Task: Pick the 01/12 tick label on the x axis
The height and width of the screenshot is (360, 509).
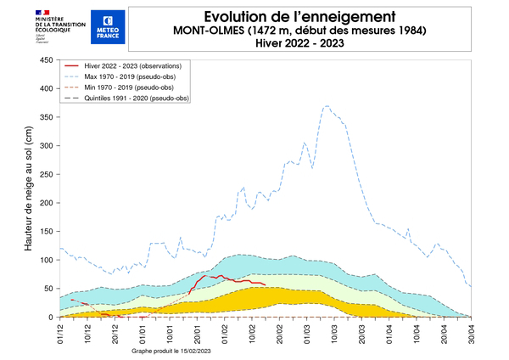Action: pyautogui.click(x=61, y=332)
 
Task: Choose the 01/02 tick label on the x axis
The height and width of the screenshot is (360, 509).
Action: pyautogui.click(x=226, y=332)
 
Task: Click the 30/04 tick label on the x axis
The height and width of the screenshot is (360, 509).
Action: pyautogui.click(x=472, y=332)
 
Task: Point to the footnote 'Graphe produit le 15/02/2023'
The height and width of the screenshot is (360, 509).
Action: pyautogui.click(x=175, y=350)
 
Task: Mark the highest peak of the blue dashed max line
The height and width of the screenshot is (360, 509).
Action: pyautogui.click(x=326, y=106)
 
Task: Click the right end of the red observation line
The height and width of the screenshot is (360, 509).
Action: pyautogui.click(x=266, y=284)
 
